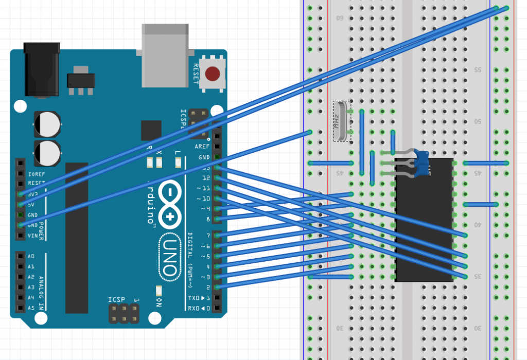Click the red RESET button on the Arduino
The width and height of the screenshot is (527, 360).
click(214, 74)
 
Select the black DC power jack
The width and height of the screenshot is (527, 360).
click(42, 70)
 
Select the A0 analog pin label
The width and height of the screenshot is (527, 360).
click(31, 256)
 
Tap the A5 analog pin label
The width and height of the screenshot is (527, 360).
click(31, 308)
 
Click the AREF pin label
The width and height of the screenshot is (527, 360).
click(202, 147)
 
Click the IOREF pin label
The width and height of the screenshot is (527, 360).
click(33, 173)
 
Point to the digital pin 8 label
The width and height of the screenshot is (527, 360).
click(207, 219)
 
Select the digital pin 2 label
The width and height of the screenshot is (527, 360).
click(207, 287)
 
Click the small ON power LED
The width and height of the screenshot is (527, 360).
click(159, 291)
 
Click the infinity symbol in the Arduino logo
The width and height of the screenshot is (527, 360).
click(171, 203)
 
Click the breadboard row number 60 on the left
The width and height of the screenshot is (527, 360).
click(340, 19)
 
